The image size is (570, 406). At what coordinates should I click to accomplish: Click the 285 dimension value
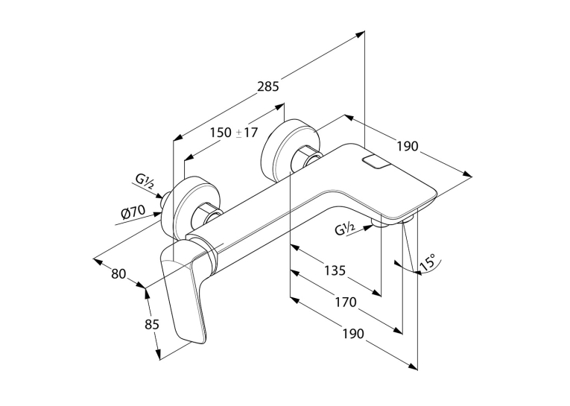click(x=268, y=86)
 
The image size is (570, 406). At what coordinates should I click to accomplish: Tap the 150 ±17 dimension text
click(x=233, y=133)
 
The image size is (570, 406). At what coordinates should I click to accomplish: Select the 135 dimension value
click(x=335, y=270)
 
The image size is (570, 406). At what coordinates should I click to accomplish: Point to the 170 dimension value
click(x=346, y=302)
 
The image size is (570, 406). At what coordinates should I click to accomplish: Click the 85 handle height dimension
click(x=151, y=323)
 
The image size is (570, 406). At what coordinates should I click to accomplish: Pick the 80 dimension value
click(x=118, y=273)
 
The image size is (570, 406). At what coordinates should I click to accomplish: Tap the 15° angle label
click(x=428, y=262)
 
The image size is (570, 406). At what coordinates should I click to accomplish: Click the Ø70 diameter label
click(x=134, y=212)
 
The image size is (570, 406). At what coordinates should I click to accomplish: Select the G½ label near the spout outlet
click(x=345, y=229)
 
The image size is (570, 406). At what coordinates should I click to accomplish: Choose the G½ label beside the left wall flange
click(x=145, y=180)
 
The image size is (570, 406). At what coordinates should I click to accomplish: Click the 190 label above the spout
click(x=408, y=146)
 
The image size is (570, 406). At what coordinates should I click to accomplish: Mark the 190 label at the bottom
click(x=353, y=333)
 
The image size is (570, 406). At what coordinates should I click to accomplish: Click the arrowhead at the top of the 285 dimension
click(x=360, y=35)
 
